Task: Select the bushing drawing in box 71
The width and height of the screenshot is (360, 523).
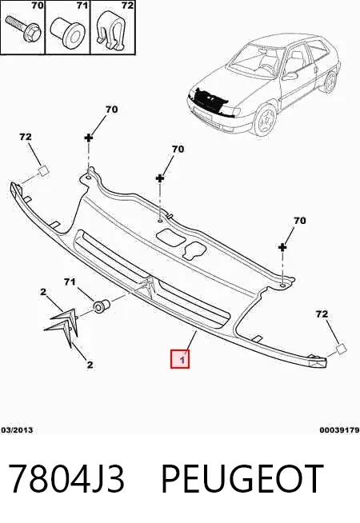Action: point(66,30)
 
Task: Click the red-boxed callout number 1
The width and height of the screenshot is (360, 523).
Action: point(180,359)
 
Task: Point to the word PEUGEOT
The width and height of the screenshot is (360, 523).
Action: point(242,479)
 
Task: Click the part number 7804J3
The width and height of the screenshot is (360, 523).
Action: point(66,479)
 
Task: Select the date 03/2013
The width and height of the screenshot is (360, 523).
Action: point(17,430)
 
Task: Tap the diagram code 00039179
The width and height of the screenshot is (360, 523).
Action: point(339,430)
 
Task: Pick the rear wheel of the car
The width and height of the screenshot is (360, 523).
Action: point(330,82)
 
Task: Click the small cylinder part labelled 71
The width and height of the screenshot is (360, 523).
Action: point(101,305)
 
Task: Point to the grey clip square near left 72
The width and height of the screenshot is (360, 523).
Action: point(44,170)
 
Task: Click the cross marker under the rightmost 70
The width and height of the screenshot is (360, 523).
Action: point(282,247)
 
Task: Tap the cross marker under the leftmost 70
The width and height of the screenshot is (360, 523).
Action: point(89,137)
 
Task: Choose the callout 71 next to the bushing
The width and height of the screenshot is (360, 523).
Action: point(70,282)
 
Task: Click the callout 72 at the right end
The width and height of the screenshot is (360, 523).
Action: point(322,313)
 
